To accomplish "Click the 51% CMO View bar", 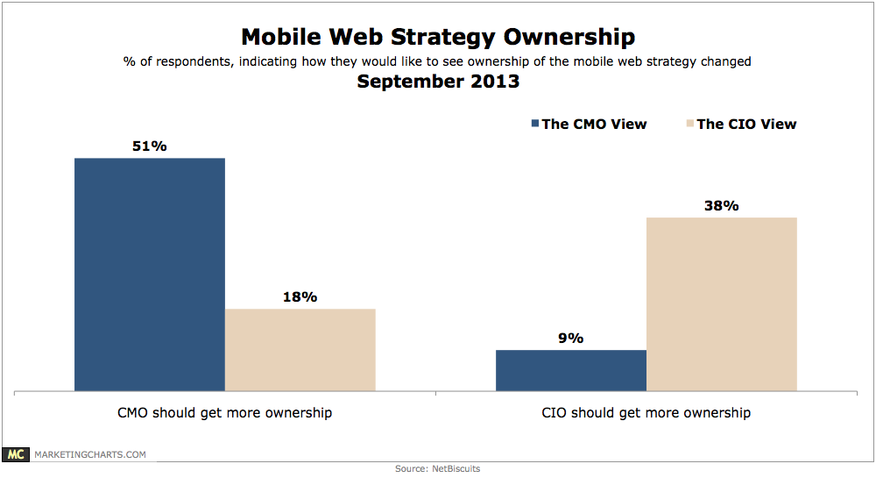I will point(150,274).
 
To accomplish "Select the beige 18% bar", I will point(300,349).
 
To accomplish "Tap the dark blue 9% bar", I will point(571,369).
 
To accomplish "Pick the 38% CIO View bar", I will point(722,303).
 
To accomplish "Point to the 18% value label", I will point(300,296).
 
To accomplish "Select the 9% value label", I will point(570,339).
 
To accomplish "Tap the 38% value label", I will point(722,205).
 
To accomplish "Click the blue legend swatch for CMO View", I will point(534,124).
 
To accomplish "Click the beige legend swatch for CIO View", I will point(689,124).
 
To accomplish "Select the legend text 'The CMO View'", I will point(594,124).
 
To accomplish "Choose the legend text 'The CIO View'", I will point(746,124).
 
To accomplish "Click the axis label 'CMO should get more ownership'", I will point(225,412).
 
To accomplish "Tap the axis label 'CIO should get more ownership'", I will point(646,412).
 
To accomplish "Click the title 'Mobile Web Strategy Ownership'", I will point(438,37).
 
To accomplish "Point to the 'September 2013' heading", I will point(438,82).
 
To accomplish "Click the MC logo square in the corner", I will point(15,454).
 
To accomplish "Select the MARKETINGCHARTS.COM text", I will point(89,454).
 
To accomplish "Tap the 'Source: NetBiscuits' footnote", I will point(437,469).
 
